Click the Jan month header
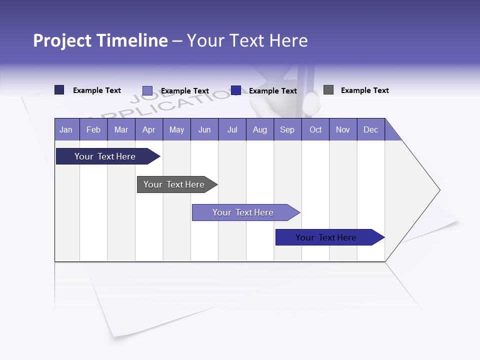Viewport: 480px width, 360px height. point(66,129)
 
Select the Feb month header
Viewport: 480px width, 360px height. point(93,129)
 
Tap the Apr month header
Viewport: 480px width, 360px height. point(148,129)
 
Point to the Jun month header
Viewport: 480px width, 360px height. point(204,129)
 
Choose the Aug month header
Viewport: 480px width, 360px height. point(259,129)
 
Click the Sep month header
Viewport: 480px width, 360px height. point(287,129)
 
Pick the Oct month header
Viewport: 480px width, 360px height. point(315,129)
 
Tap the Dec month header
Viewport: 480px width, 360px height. point(370,129)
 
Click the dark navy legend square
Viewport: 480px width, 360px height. point(59,90)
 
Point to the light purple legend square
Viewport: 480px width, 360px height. point(147,90)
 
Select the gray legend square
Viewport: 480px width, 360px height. point(328,90)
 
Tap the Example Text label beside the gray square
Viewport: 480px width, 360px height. point(364,90)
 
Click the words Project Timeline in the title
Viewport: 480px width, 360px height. point(100,40)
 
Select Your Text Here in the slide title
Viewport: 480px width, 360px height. point(247,40)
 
